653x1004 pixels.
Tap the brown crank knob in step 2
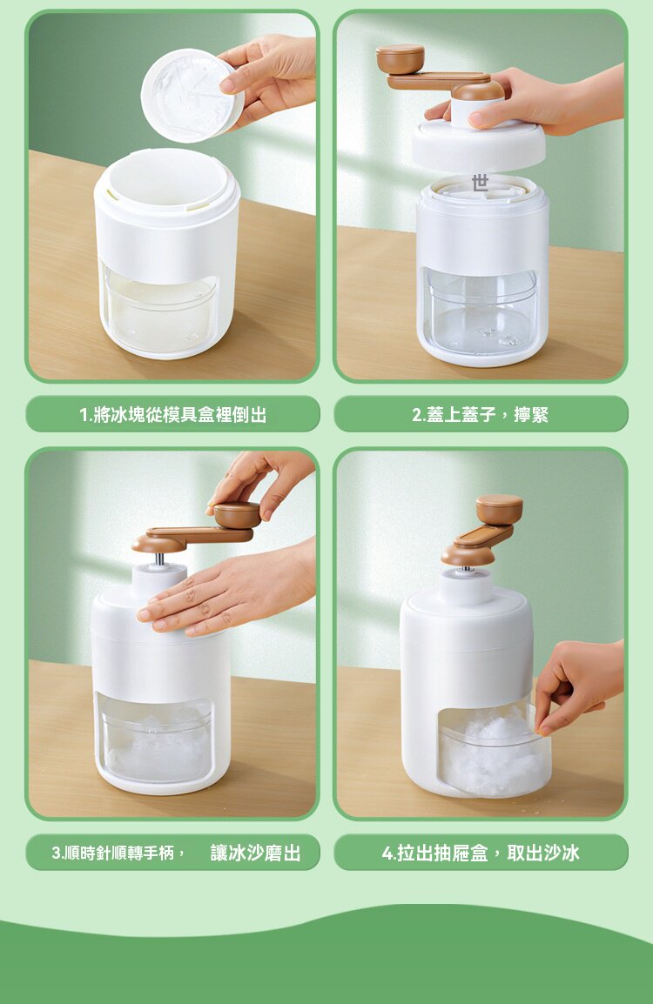[x=400, y=58]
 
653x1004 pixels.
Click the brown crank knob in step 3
[x=237, y=514]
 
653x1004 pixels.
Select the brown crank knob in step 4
[x=499, y=509]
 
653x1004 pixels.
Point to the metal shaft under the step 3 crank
[x=159, y=559]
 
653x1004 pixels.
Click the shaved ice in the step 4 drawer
[x=494, y=754]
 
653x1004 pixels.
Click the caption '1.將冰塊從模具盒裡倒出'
[x=173, y=414]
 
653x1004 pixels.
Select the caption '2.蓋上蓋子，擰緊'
[x=480, y=414]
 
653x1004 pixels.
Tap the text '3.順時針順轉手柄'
[x=113, y=853]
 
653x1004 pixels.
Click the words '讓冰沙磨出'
[x=256, y=853]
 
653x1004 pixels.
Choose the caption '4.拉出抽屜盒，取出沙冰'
[x=481, y=853]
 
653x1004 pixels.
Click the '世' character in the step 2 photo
[x=480, y=183]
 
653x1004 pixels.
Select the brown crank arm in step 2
[x=439, y=81]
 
